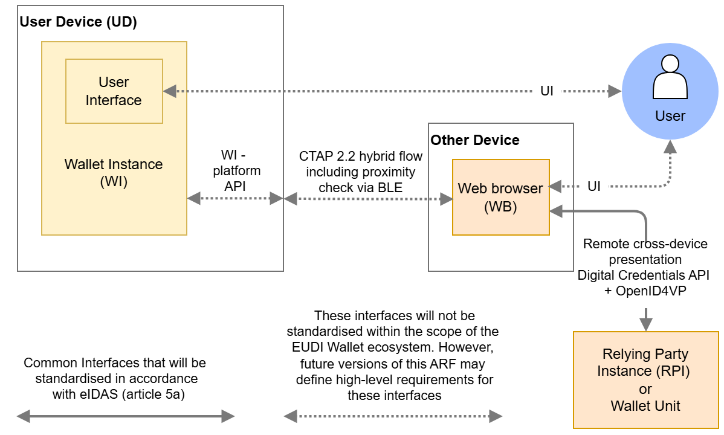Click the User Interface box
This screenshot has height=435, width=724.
114,91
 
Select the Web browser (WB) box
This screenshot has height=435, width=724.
500,197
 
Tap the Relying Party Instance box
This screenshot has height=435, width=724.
645,379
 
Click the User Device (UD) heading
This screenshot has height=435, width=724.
79,22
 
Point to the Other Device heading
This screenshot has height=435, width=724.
475,140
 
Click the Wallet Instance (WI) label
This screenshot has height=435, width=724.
114,173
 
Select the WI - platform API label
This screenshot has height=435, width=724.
236,171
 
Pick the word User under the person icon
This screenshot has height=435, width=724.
670,116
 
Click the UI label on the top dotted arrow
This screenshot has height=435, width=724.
546,91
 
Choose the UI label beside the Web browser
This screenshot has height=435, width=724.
594,186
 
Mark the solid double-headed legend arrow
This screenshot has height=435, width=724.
125,416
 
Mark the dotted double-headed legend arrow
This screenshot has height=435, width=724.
393,416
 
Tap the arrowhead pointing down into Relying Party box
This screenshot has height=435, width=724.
646,324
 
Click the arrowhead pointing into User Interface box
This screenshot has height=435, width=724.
170,91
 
